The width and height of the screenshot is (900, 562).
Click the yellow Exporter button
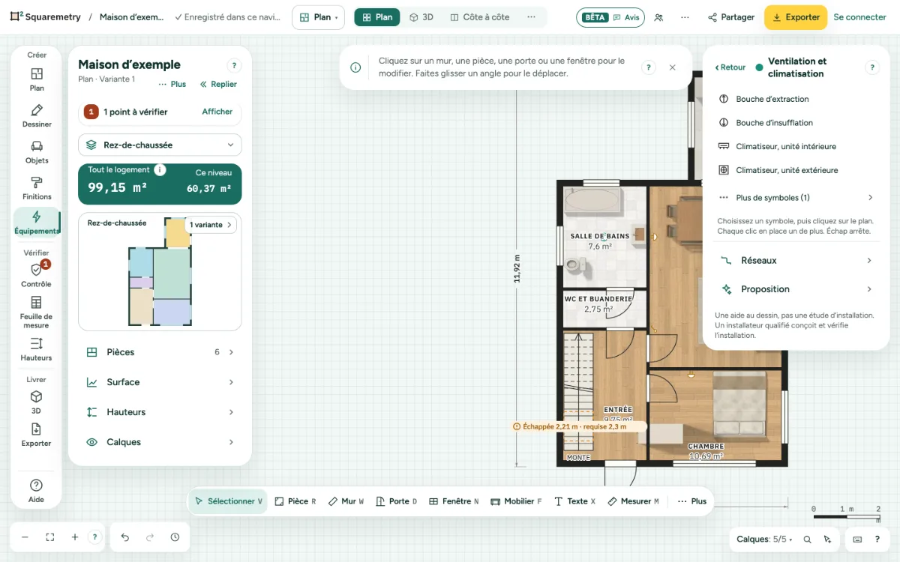pyautogui.click(x=796, y=17)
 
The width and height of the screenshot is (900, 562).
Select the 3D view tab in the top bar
pyautogui.click(x=421, y=17)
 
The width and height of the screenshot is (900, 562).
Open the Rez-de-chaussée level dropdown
pyautogui.click(x=160, y=145)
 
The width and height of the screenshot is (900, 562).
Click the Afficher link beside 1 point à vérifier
pyautogui.click(x=217, y=112)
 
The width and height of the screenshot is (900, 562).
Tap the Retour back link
pyautogui.click(x=730, y=67)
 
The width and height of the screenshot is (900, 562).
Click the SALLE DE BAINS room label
pyautogui.click(x=599, y=237)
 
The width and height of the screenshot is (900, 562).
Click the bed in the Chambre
pyautogui.click(x=739, y=403)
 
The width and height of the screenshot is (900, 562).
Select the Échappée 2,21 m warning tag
pyautogui.click(x=574, y=426)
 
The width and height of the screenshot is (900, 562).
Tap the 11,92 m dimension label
pyautogui.click(x=517, y=268)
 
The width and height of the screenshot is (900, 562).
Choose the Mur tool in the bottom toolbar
pyautogui.click(x=346, y=501)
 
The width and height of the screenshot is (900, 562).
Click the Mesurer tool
pyautogui.click(x=634, y=501)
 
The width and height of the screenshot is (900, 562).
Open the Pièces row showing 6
pyautogui.click(x=160, y=352)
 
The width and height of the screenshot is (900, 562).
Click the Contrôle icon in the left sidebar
pyautogui.click(x=36, y=271)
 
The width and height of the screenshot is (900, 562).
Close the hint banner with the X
pyautogui.click(x=672, y=67)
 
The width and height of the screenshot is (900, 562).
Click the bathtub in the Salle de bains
pyautogui.click(x=592, y=199)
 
